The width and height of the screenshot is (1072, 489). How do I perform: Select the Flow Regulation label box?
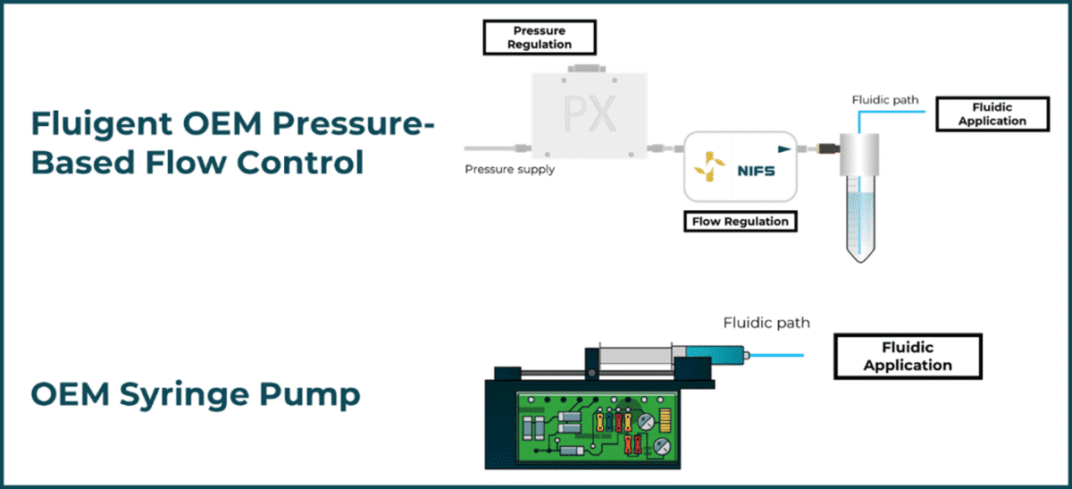tap(741, 221)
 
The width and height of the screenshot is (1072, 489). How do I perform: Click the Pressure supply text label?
tap(509, 170)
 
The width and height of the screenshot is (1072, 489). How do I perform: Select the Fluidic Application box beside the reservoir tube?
tap(992, 114)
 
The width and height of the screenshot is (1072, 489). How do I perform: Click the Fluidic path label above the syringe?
tap(766, 323)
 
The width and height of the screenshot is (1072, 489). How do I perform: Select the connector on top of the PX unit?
tap(587, 67)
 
